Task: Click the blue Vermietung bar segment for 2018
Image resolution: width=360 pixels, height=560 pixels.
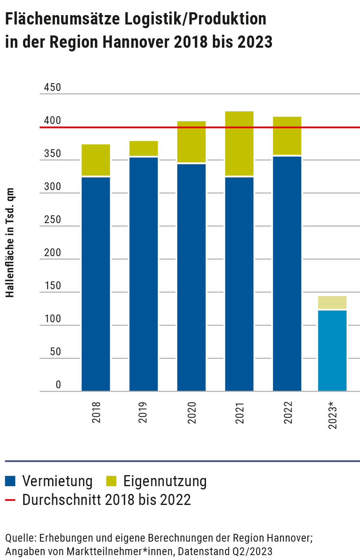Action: [x=96, y=283]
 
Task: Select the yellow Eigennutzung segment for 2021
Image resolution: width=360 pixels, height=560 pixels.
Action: [x=239, y=143]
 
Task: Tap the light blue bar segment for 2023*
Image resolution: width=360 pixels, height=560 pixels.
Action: [x=332, y=350]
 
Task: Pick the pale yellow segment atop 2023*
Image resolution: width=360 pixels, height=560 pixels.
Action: [x=332, y=302]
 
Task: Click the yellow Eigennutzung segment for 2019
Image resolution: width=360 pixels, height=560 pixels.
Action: [x=144, y=148]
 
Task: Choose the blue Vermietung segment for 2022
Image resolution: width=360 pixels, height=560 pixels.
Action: [x=287, y=273]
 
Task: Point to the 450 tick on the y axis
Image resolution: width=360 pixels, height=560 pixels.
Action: [x=52, y=87]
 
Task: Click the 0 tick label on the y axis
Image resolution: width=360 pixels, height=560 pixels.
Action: [x=58, y=385]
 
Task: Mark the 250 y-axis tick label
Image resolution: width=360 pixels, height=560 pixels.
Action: [x=52, y=219]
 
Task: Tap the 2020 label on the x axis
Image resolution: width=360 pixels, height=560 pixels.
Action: [x=192, y=412]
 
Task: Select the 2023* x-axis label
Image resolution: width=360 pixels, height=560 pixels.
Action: [x=333, y=415]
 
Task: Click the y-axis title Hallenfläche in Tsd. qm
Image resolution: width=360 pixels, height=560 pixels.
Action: [x=10, y=243]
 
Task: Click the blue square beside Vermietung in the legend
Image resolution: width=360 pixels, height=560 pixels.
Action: [x=10, y=481]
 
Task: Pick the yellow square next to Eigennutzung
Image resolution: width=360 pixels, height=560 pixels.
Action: [x=111, y=481]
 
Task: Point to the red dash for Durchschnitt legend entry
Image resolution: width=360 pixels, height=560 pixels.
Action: [x=10, y=500]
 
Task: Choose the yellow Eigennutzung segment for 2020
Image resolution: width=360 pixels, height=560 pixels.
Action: [x=192, y=142]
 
